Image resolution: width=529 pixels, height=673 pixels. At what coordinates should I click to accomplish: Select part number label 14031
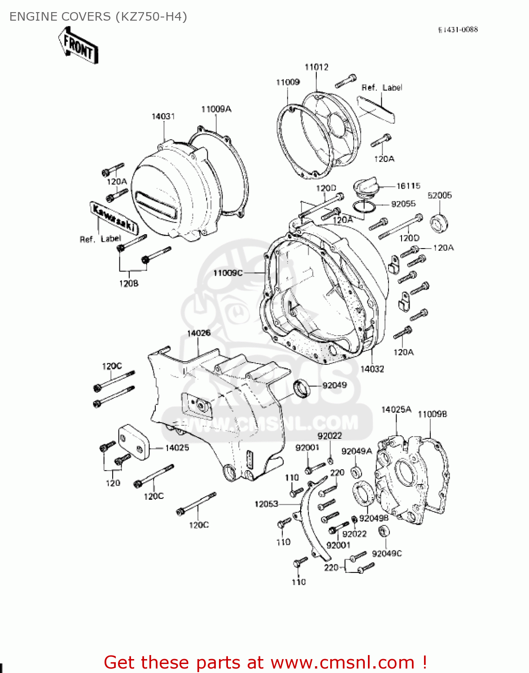pos(163,117)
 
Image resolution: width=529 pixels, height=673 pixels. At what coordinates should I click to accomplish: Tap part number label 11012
pos(316,67)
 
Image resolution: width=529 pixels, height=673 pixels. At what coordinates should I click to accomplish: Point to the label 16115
pos(408,186)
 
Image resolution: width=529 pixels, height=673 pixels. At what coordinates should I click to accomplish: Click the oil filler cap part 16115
pos(366,187)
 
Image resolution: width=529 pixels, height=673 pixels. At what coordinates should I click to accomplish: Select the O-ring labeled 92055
pos(364,207)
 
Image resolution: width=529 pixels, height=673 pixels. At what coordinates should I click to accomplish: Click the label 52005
pos(440,195)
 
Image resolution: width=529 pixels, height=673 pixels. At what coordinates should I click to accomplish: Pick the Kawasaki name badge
pos(114,218)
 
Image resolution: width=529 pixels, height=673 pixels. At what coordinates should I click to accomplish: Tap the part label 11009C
pos(228,273)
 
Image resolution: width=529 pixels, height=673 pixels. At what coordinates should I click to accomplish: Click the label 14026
pos(199,333)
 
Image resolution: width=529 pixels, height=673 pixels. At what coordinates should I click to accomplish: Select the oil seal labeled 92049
pos(302,388)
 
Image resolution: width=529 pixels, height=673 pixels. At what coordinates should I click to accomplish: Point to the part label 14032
pos(372,369)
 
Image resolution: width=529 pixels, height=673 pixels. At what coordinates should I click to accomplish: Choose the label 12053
pos(267,504)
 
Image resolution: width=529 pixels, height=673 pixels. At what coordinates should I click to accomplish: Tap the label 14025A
pos(396,410)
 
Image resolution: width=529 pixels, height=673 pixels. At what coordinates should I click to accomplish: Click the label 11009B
pos(433,414)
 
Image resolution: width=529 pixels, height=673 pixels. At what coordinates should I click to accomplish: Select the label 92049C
pos(387,554)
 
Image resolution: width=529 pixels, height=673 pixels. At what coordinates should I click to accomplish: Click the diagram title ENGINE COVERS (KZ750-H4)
pos(98,17)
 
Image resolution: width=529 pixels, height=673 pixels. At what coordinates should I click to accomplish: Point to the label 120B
pos(129,284)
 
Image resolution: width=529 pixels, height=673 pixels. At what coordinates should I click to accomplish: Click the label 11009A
pos(216,109)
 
